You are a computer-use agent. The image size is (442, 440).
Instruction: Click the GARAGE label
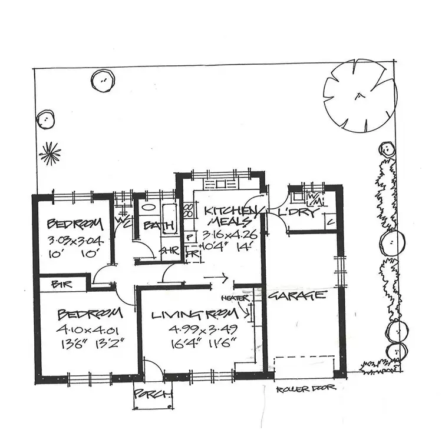tap(297, 295)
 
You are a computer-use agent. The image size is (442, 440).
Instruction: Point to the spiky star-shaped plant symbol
tap(50, 154)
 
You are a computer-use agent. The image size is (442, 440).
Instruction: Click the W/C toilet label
tap(124, 222)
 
